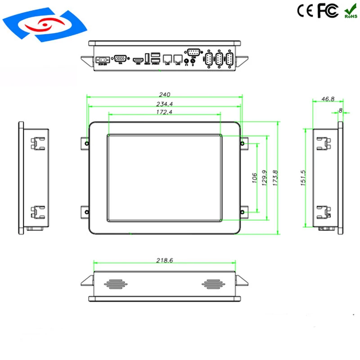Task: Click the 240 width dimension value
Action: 164,94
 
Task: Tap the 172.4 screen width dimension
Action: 164,112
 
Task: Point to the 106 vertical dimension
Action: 254,177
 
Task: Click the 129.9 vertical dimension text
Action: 264,177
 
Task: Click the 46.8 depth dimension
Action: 328,99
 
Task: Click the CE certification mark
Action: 305,11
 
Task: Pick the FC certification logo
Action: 328,11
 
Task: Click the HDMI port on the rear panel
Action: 137,59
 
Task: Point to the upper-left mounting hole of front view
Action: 86,144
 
